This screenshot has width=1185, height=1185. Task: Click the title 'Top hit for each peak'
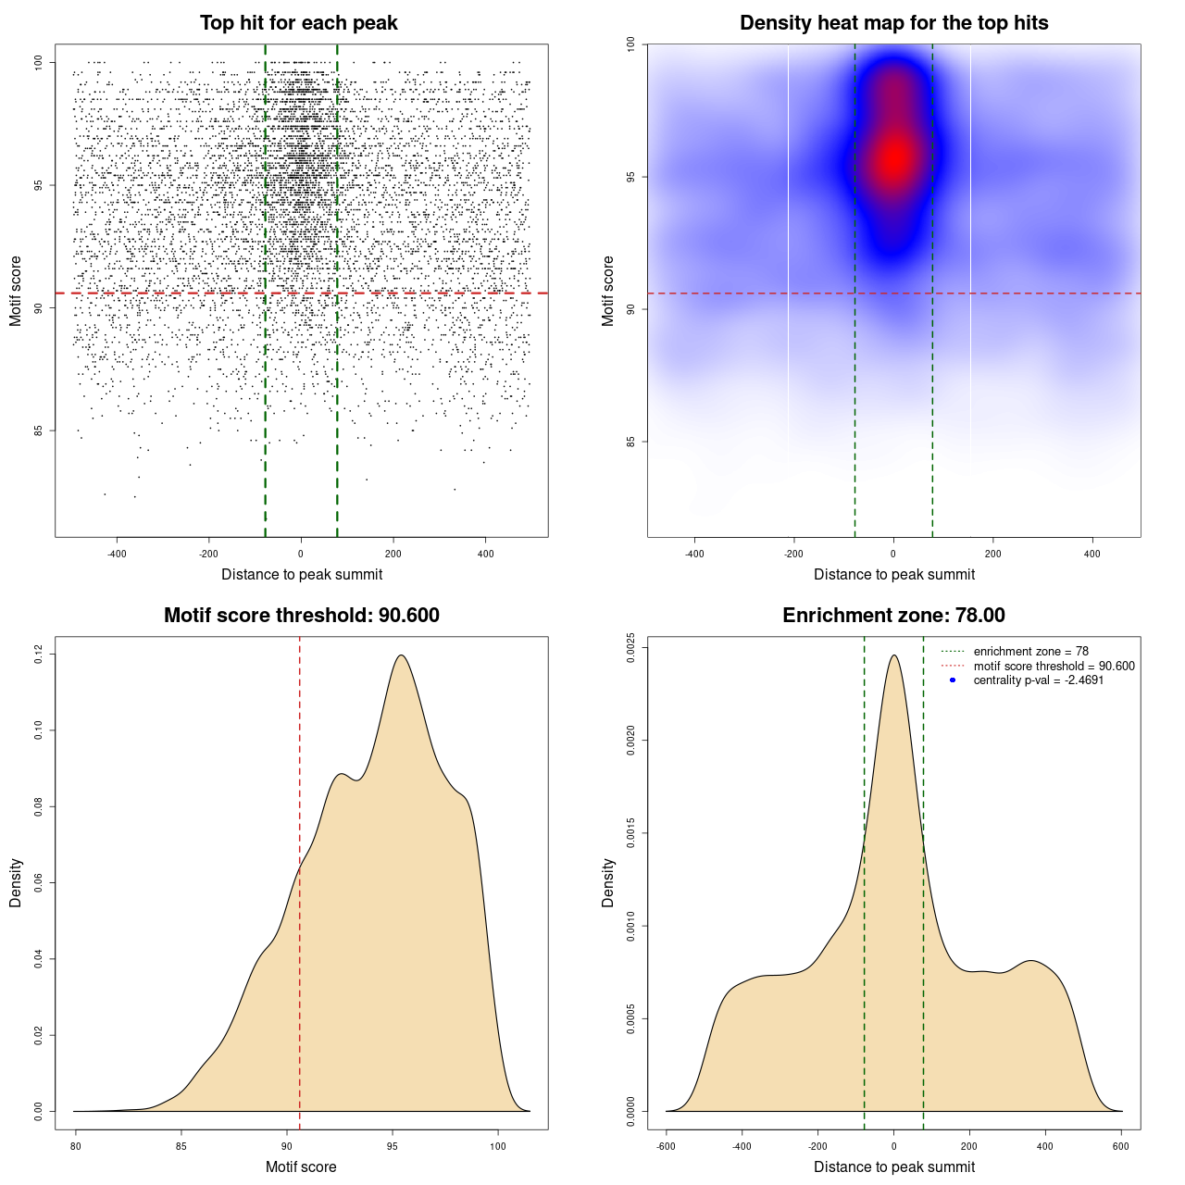pos(298,23)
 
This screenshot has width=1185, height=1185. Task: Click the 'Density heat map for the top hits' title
pos(893,23)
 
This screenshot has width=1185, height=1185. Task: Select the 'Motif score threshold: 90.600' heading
pos(301,616)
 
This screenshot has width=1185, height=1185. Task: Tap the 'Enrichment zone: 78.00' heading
pos(893,616)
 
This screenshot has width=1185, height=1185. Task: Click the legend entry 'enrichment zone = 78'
pos(1030,652)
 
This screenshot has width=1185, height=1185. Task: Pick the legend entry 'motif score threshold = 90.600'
pos(1054,666)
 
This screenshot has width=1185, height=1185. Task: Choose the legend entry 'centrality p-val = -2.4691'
pos(1038,680)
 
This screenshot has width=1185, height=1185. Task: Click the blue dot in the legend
pos(953,680)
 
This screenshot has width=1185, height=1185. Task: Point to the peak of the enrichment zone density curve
pos(893,655)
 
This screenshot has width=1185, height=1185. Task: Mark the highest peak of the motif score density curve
pos(401,655)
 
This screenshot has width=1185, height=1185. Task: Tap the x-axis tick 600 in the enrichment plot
pos(1121,1146)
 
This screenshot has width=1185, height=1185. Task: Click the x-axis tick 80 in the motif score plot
pos(76,1146)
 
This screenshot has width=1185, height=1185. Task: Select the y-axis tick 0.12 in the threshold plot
pos(38,655)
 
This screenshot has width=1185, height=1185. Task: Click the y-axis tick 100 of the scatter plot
pos(38,62)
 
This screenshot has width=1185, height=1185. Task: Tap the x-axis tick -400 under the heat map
pos(694,554)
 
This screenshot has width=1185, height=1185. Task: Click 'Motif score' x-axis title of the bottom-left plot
pos(301,1166)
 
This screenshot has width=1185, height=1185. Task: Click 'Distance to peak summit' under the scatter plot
pos(302,574)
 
